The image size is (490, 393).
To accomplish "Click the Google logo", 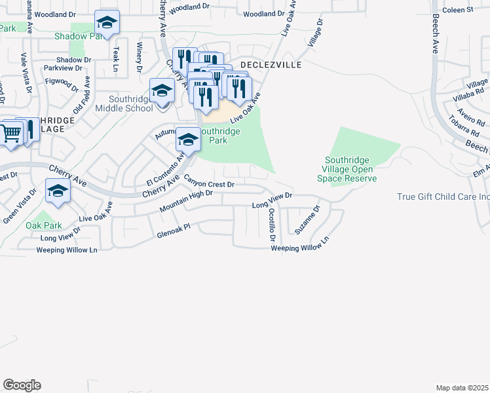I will tap(22, 385).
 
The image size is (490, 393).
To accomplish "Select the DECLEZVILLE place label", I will tap(271, 65).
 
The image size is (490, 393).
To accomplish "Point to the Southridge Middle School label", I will tap(124, 104).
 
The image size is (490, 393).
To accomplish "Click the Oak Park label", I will tap(43, 225).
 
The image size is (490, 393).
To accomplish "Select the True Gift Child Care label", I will tap(443, 196).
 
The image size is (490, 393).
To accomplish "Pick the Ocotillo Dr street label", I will tap(272, 227).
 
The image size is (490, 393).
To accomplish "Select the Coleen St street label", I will tap(457, 10).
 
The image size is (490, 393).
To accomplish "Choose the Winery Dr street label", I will tap(139, 57).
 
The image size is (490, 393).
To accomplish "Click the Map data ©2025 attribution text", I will tap(462, 388).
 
